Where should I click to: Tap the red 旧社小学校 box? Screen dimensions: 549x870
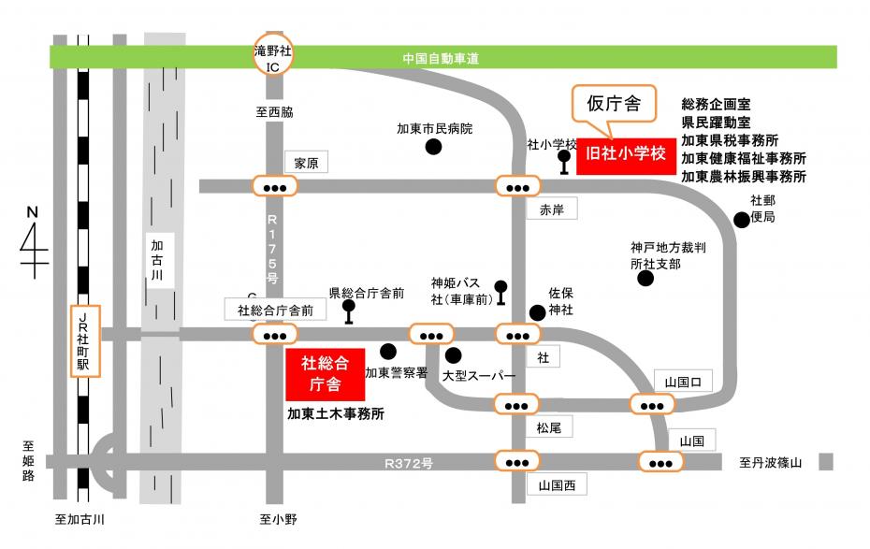click(625, 154)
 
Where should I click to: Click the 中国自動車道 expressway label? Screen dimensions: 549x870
click(441, 59)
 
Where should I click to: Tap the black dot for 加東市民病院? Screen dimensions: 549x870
click(433, 147)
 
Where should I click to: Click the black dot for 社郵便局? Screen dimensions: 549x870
click(741, 220)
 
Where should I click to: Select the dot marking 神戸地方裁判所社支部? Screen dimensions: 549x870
click(645, 279)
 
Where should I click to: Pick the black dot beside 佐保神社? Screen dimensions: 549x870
click(537, 312)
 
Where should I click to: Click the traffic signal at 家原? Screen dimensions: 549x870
click(275, 187)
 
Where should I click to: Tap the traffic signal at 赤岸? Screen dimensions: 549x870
click(516, 187)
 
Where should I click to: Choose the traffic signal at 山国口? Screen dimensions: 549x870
click(653, 404)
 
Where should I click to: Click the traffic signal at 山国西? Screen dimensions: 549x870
click(516, 461)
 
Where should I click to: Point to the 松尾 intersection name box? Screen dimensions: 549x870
click(548, 428)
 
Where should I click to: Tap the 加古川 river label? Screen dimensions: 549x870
click(158, 263)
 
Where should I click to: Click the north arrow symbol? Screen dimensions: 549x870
click(35, 245)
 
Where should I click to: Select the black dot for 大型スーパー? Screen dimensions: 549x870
click(454, 355)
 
